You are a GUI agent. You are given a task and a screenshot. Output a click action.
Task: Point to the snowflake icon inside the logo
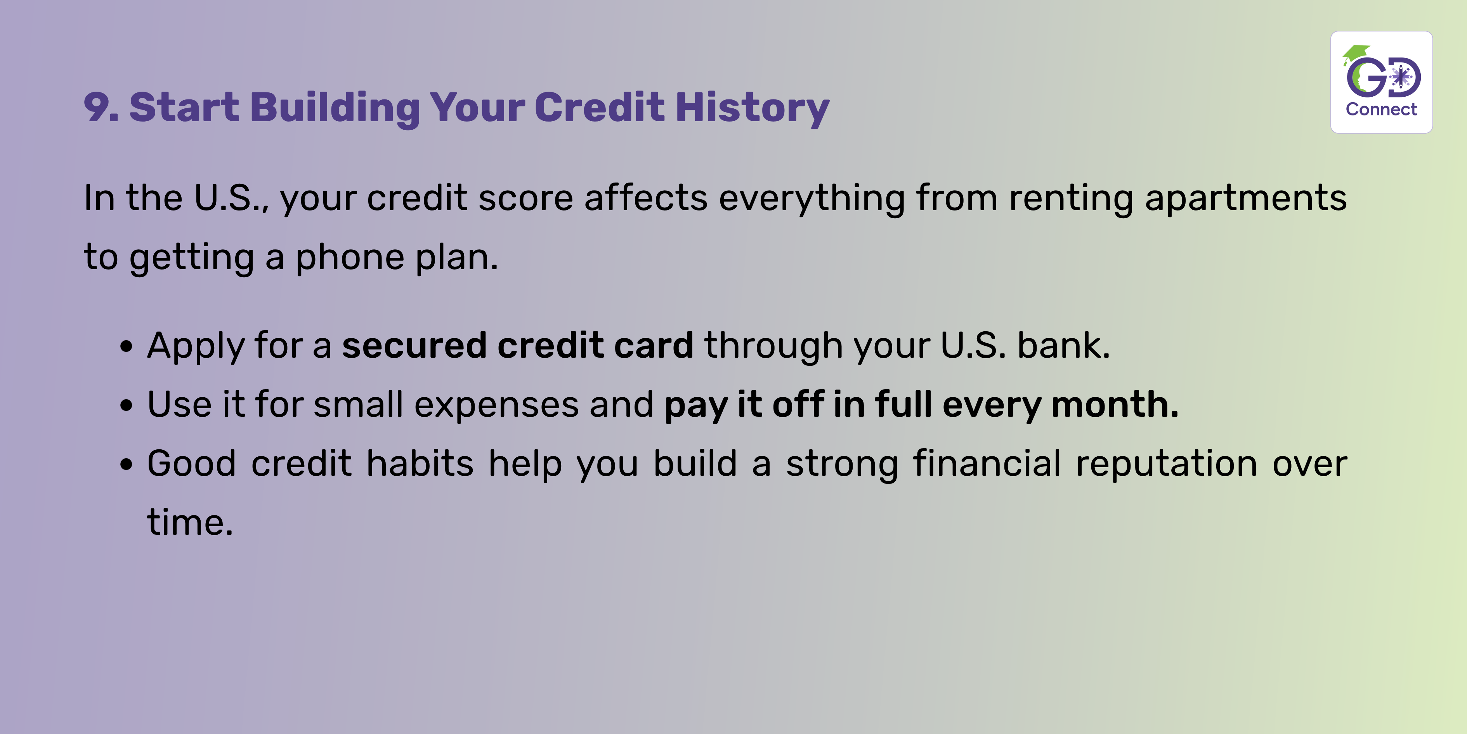1401,77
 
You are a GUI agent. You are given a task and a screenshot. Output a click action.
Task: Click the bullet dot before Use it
127,406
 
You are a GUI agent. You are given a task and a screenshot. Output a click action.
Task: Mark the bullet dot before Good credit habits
127,464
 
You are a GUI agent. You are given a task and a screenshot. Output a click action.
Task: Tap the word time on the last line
190,523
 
